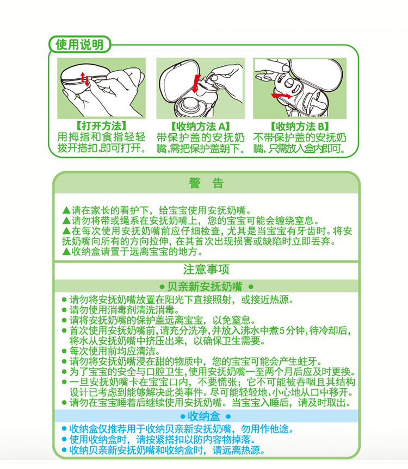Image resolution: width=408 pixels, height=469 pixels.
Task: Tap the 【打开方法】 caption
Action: click(x=102, y=126)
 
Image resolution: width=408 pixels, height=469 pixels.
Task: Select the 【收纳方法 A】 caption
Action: click(x=200, y=126)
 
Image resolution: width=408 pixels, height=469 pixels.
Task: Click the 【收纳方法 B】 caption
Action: click(x=299, y=126)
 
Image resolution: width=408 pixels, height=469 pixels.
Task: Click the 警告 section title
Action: click(x=206, y=183)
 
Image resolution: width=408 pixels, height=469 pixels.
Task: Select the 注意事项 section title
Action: click(x=206, y=270)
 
